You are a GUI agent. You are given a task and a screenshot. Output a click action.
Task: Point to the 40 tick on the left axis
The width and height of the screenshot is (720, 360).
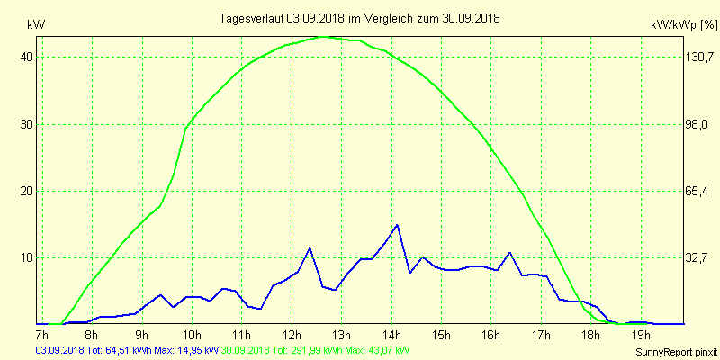[x=27, y=57]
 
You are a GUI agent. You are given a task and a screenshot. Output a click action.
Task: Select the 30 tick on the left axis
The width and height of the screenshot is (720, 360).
[x=27, y=124]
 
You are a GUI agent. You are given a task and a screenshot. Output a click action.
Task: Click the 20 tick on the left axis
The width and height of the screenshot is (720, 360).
[x=27, y=191]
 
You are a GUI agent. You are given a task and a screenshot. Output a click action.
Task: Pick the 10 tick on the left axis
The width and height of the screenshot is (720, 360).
[x=27, y=257]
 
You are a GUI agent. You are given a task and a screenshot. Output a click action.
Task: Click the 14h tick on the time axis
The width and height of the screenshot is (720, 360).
[x=391, y=335]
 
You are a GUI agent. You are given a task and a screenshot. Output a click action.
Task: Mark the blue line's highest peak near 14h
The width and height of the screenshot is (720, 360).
[x=397, y=225]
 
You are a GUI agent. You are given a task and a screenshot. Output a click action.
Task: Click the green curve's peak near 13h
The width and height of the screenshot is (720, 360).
[x=326, y=37]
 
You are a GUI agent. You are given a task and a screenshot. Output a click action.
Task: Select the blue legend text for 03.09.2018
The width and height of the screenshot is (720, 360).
[x=127, y=350]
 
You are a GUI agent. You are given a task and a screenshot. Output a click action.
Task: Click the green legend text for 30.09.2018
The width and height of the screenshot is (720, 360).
[x=316, y=350]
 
